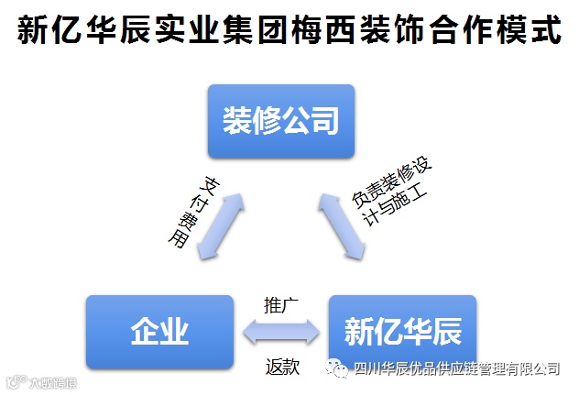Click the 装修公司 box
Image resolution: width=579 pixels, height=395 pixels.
(x=281, y=120)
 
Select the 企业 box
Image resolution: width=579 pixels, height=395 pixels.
(x=159, y=330)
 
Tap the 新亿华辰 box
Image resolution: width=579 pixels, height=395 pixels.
(x=402, y=330)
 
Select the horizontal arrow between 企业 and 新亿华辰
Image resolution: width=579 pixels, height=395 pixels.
(x=281, y=334)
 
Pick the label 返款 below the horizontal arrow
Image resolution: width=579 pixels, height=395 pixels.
(x=281, y=366)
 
